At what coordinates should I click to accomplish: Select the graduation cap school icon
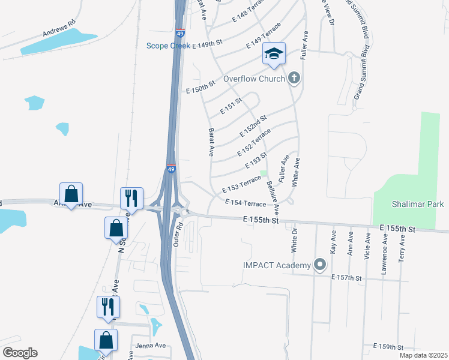tap(273, 55)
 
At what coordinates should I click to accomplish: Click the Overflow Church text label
tap(253, 79)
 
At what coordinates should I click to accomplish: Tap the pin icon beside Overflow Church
tap(294, 77)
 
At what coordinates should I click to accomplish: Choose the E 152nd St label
tap(253, 126)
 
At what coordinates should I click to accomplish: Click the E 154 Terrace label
tap(245, 204)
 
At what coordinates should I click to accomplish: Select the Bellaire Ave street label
tap(273, 197)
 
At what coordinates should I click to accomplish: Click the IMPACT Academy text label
tap(277, 265)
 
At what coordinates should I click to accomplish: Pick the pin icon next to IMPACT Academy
tap(320, 265)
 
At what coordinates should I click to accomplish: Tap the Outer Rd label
tap(177, 235)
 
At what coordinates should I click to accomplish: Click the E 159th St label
tap(388, 347)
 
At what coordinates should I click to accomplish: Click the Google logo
tap(20, 353)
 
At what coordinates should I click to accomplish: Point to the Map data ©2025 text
tap(423, 355)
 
